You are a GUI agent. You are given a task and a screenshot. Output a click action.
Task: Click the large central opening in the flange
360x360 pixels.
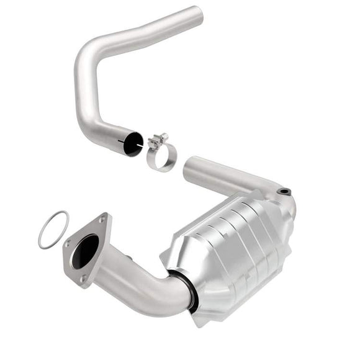pyautogui.click(x=86, y=252)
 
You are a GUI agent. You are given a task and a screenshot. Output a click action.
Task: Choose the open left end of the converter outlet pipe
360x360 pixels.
pyautogui.click(x=189, y=166)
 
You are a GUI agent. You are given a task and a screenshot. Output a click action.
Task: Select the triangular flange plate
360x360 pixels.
pyautogui.click(x=87, y=248)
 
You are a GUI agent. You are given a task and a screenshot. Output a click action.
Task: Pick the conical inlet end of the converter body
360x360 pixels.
pyautogui.click(x=180, y=261)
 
